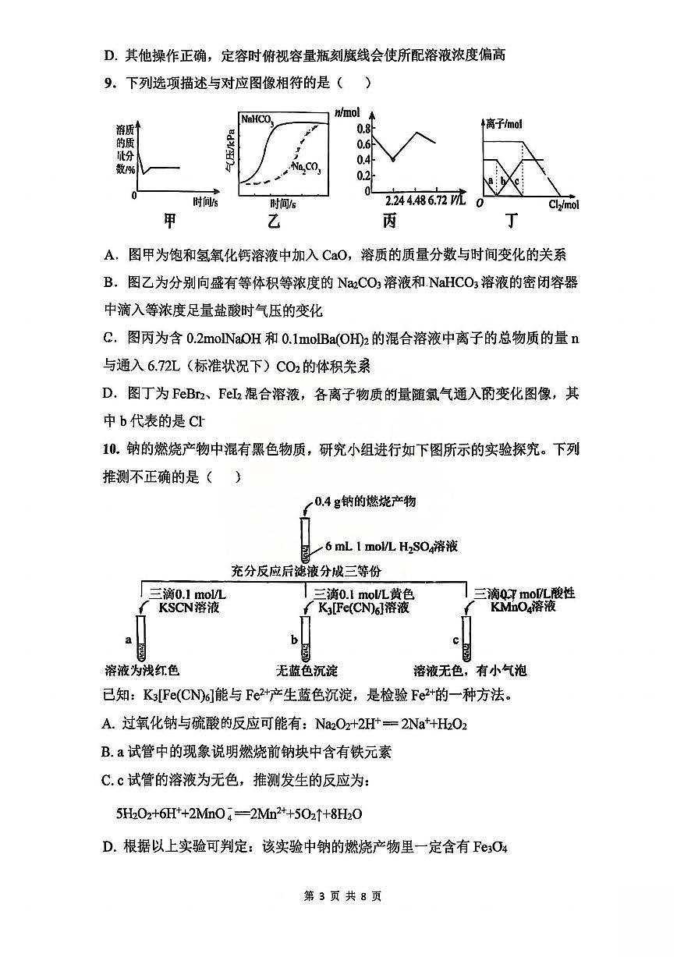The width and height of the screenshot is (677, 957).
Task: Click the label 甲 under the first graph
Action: (169, 222)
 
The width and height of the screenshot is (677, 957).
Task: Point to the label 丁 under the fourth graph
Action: (511, 222)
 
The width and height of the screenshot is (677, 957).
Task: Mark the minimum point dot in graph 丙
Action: (393, 159)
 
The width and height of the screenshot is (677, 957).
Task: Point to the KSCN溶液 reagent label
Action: (183, 608)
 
